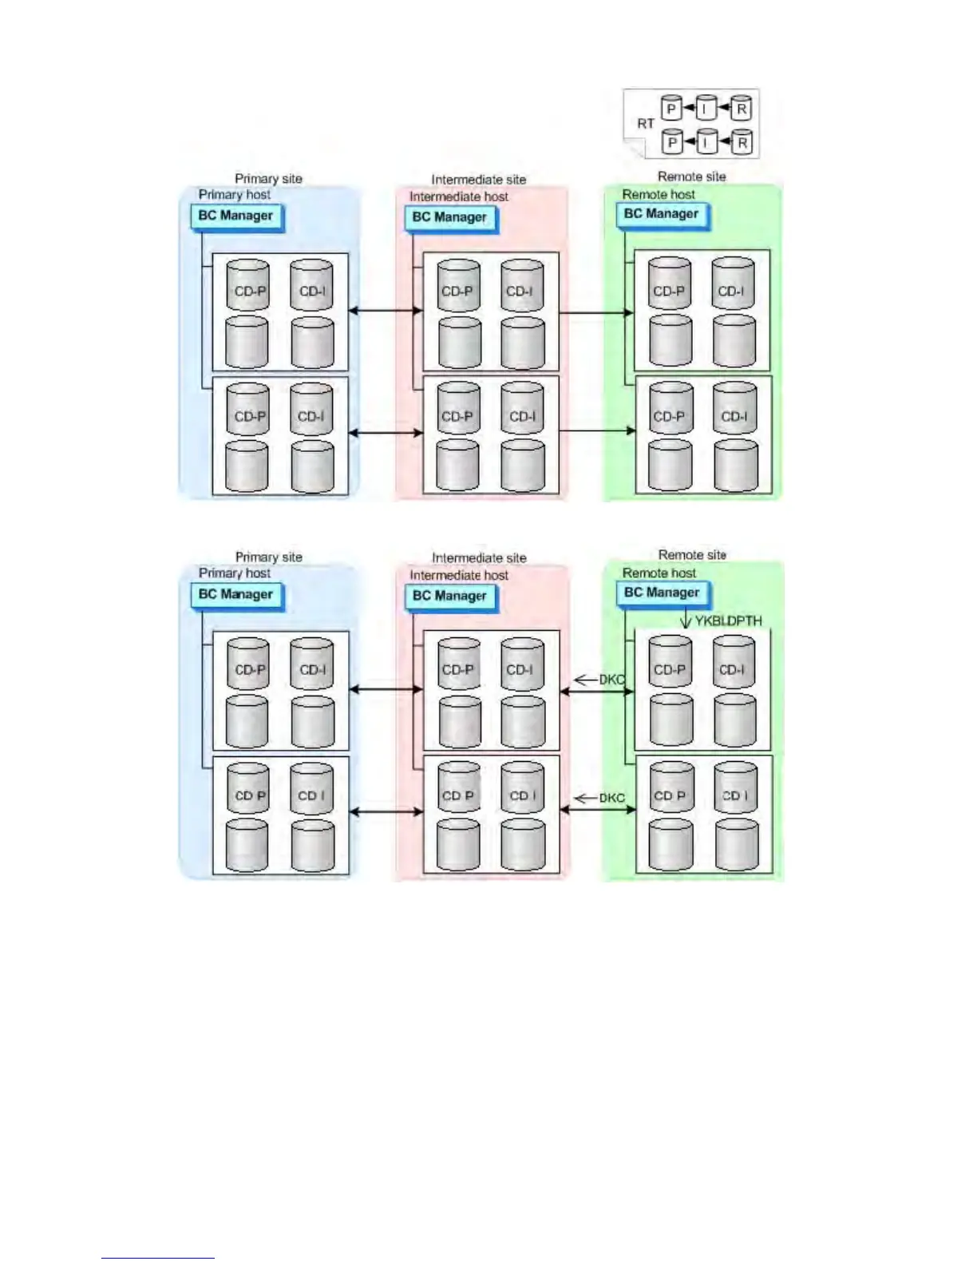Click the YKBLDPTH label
728,621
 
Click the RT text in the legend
645,124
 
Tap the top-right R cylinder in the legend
741,109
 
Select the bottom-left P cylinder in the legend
672,142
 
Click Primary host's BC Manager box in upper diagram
236,216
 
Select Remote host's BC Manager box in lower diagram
663,593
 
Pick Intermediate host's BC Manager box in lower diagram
450,597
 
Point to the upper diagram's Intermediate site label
479,180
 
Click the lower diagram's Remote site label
692,555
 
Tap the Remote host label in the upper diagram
659,195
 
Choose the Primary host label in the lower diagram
235,573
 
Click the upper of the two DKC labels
611,680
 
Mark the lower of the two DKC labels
611,798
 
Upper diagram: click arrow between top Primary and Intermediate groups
386,311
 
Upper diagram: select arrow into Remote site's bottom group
597,431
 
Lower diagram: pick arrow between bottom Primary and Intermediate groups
386,811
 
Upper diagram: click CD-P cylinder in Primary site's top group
248,285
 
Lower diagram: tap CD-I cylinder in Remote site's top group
733,663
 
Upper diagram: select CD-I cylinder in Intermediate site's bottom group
522,410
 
